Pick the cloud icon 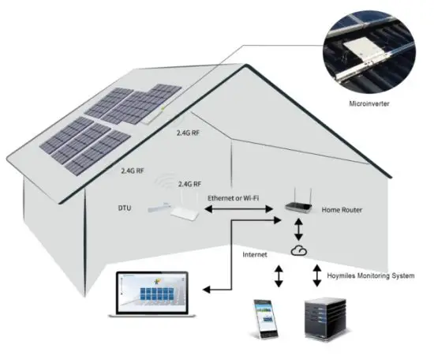pos(297,250)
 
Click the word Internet pos(254,255)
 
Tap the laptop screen pos(150,290)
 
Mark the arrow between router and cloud pos(297,229)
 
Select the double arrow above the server pos(309,276)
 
